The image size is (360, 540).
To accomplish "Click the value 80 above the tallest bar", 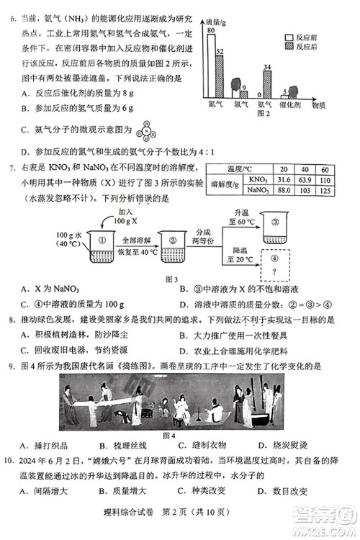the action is (210, 31).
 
